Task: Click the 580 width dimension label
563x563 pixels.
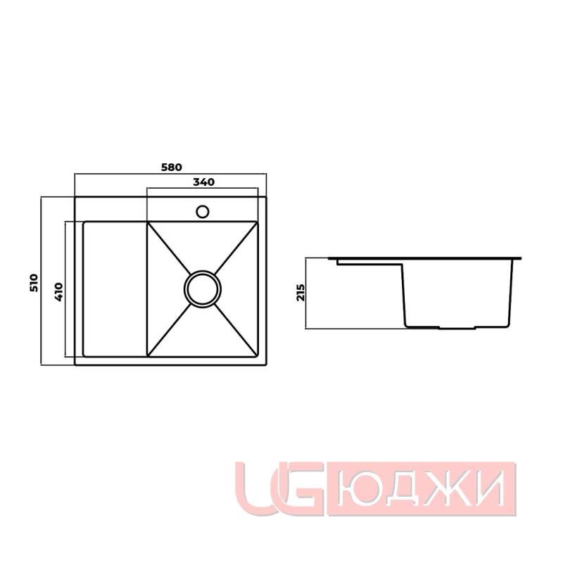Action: click(171, 167)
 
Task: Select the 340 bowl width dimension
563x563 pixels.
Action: click(203, 182)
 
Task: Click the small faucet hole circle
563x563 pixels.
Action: click(203, 210)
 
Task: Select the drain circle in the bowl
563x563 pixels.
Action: click(203, 289)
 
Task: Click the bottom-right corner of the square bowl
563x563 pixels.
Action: click(258, 355)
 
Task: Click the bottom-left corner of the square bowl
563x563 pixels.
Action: click(148, 355)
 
